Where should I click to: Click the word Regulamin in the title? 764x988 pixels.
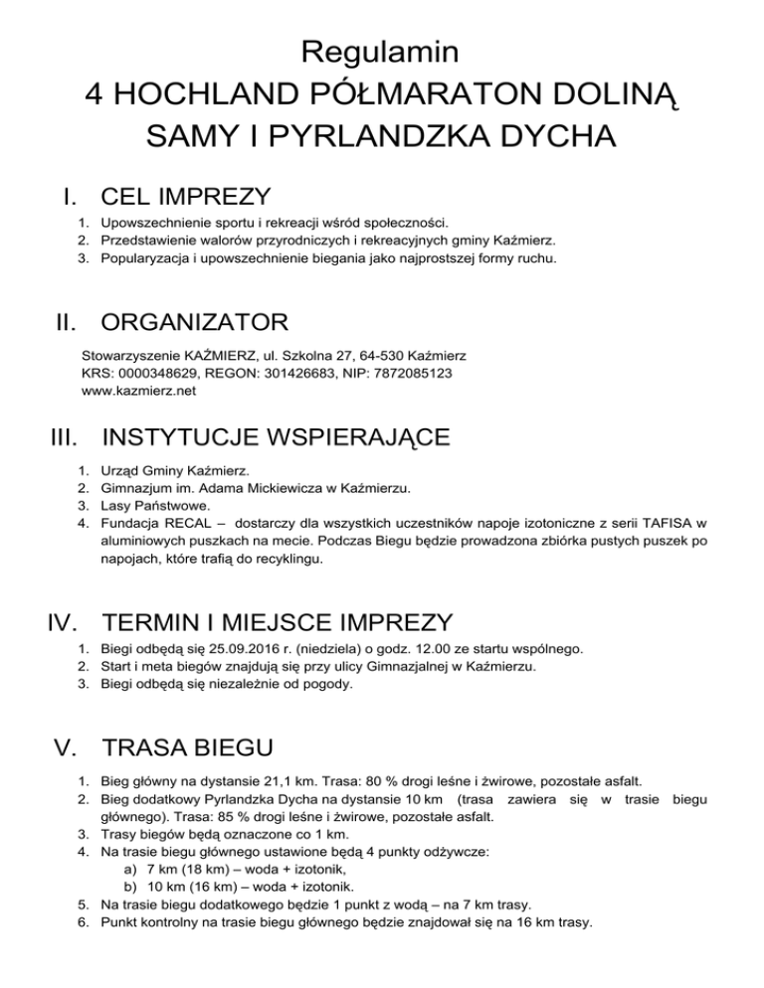pos(381,50)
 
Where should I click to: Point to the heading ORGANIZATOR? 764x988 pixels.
pos(195,323)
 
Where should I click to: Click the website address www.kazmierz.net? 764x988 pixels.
pos(138,391)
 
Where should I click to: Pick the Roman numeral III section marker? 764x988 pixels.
pos(67,438)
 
